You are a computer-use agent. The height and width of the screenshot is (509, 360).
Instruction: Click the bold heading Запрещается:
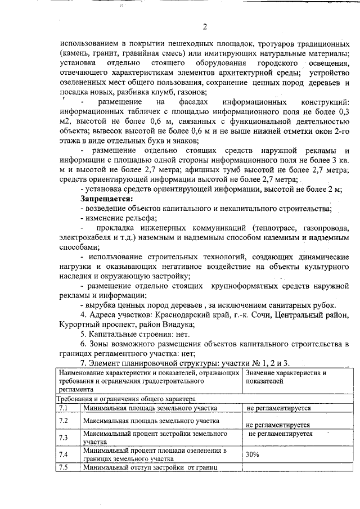pyautogui.click(x=107, y=199)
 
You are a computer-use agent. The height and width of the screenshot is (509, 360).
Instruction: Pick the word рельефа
pyautogui.click(x=141, y=218)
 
